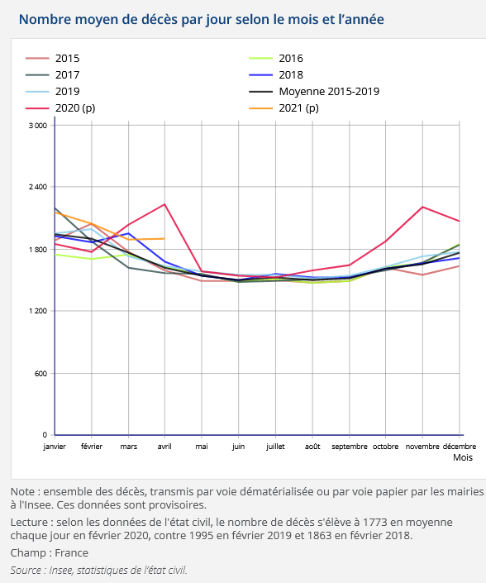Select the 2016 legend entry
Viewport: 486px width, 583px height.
click(276, 59)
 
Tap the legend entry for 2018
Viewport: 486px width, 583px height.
click(276, 74)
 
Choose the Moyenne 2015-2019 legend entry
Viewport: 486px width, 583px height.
click(314, 92)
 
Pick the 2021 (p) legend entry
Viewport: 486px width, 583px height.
click(283, 108)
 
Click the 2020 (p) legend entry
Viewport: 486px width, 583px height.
click(60, 108)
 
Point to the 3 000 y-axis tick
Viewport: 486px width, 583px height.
click(38, 126)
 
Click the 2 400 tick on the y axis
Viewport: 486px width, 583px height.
click(38, 187)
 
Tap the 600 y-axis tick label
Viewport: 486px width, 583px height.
click(41, 373)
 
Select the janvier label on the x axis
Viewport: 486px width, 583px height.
click(55, 447)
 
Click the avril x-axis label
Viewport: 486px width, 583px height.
click(164, 447)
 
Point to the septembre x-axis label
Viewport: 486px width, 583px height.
click(350, 447)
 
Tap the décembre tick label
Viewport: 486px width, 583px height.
click(460, 447)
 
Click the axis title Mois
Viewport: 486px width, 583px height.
click(463, 457)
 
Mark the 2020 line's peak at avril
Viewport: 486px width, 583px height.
click(164, 204)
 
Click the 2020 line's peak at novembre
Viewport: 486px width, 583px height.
click(422, 207)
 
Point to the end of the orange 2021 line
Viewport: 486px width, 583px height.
click(164, 239)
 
